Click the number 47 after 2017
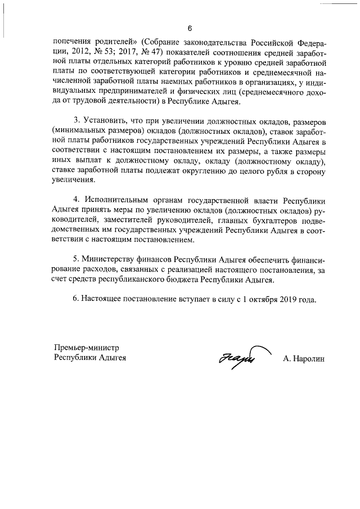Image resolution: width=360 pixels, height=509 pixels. [159, 52]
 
